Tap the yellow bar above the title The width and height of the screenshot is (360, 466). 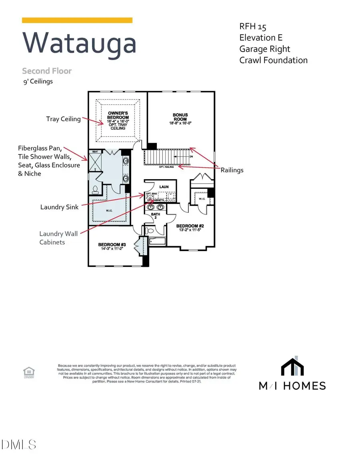point(77,20)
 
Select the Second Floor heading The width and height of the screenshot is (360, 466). point(47,71)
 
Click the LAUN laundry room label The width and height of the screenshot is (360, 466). point(164,187)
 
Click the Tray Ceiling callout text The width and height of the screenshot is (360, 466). point(63,119)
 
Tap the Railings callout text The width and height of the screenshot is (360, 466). point(232,170)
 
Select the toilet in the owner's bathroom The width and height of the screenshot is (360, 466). point(95,189)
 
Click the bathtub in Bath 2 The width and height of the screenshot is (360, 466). point(157,241)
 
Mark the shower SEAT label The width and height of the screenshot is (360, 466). point(95,152)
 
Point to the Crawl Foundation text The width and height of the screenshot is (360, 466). point(274,60)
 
